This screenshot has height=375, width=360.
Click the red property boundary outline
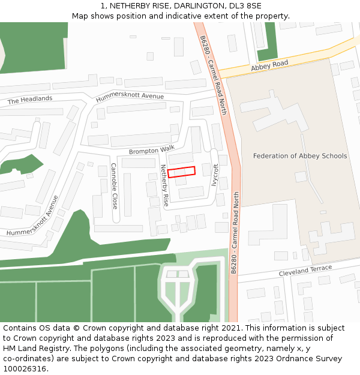pyautogui.click(x=181, y=172)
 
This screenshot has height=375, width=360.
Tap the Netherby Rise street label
pyautogui.click(x=164, y=186)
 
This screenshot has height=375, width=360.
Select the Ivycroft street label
pyautogui.click(x=215, y=176)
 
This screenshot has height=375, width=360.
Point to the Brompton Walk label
pyautogui.click(x=151, y=149)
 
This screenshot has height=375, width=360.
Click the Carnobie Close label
pyautogui.click(x=114, y=186)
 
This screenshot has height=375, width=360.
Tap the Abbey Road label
pyautogui.click(x=269, y=65)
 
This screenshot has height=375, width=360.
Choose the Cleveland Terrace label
pyautogui.click(x=305, y=271)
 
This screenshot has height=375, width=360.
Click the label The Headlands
pyautogui.click(x=30, y=100)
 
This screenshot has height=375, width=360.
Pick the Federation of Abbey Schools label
pyautogui.click(x=300, y=156)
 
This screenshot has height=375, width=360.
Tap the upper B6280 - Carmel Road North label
pyautogui.click(x=214, y=75)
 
